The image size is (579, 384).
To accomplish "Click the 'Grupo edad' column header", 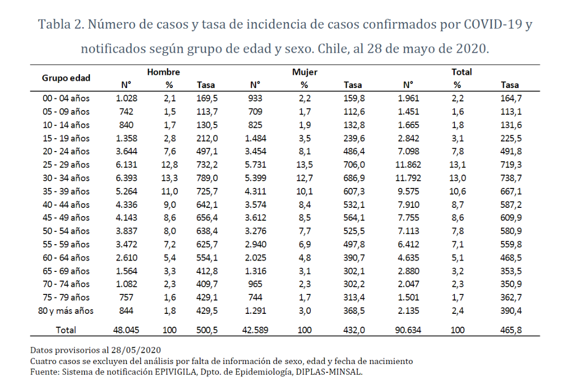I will [x=66, y=78].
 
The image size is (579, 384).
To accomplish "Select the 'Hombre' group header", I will [x=164, y=72].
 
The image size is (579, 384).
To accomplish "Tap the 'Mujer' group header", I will [x=305, y=72].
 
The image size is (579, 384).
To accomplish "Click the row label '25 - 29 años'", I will [x=66, y=165].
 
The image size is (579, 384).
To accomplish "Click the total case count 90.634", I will [x=408, y=330].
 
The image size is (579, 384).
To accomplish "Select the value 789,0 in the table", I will [x=207, y=178].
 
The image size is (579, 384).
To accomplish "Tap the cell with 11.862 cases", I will [x=408, y=165].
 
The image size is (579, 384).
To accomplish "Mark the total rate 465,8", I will [x=510, y=330].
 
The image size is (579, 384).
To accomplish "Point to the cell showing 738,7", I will [x=510, y=178].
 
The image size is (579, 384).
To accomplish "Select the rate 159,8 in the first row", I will [x=354, y=98].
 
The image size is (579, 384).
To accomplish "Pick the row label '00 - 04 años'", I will [x=66, y=98].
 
